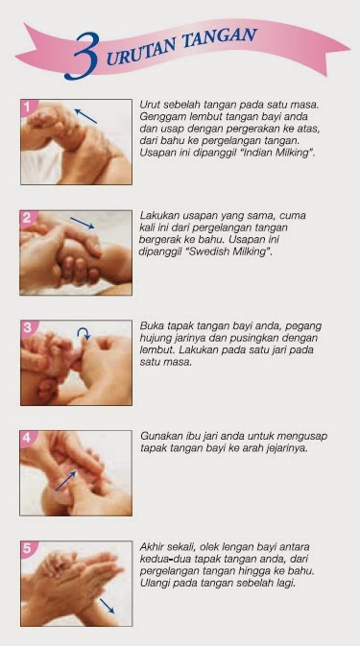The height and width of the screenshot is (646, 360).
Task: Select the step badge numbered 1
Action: pos(28,107)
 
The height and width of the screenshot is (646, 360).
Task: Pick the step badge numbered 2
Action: pos(27,218)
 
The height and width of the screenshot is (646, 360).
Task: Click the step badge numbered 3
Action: pos(28,327)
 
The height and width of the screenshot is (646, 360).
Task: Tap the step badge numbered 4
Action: pos(27,438)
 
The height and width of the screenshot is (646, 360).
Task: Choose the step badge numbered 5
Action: pos(28,548)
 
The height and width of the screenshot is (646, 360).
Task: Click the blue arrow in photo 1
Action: pos(85,116)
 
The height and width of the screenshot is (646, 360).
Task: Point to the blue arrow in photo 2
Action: pos(83,223)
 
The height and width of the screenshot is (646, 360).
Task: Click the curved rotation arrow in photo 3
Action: pos(84,333)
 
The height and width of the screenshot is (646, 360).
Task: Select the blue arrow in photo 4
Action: pos(65,481)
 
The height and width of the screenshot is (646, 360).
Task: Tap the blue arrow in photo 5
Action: pos(108,606)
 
